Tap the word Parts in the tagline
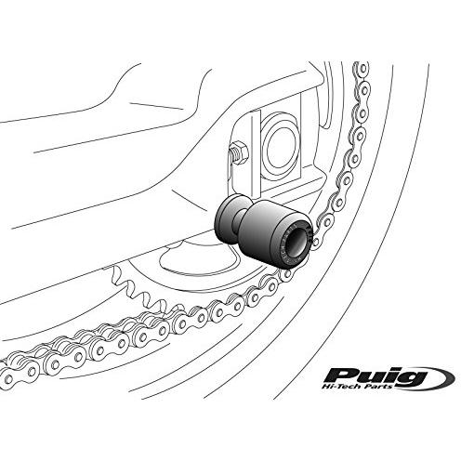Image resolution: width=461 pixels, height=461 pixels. pyautogui.click(x=381, y=386)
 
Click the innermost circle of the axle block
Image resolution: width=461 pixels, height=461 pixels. pyautogui.click(x=278, y=146)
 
